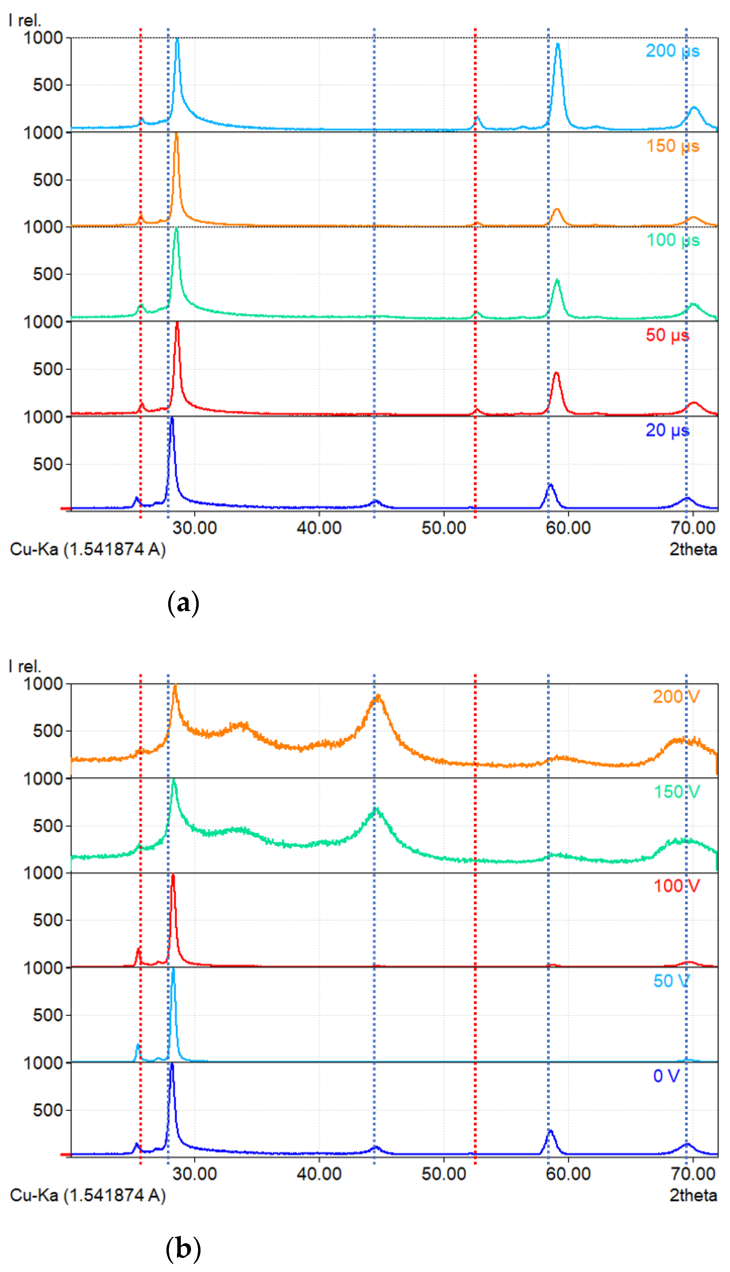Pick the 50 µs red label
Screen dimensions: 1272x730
coord(667,335)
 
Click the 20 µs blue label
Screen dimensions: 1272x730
coord(667,431)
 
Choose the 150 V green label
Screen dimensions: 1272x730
coord(676,792)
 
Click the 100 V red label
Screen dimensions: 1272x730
coord(676,886)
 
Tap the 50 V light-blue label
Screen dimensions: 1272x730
coord(671,981)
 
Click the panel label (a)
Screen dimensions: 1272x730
coord(183,603)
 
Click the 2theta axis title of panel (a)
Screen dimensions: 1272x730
coord(693,550)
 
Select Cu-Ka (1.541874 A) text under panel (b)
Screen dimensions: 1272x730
coord(88,1196)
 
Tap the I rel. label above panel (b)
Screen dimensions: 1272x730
coord(25,667)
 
